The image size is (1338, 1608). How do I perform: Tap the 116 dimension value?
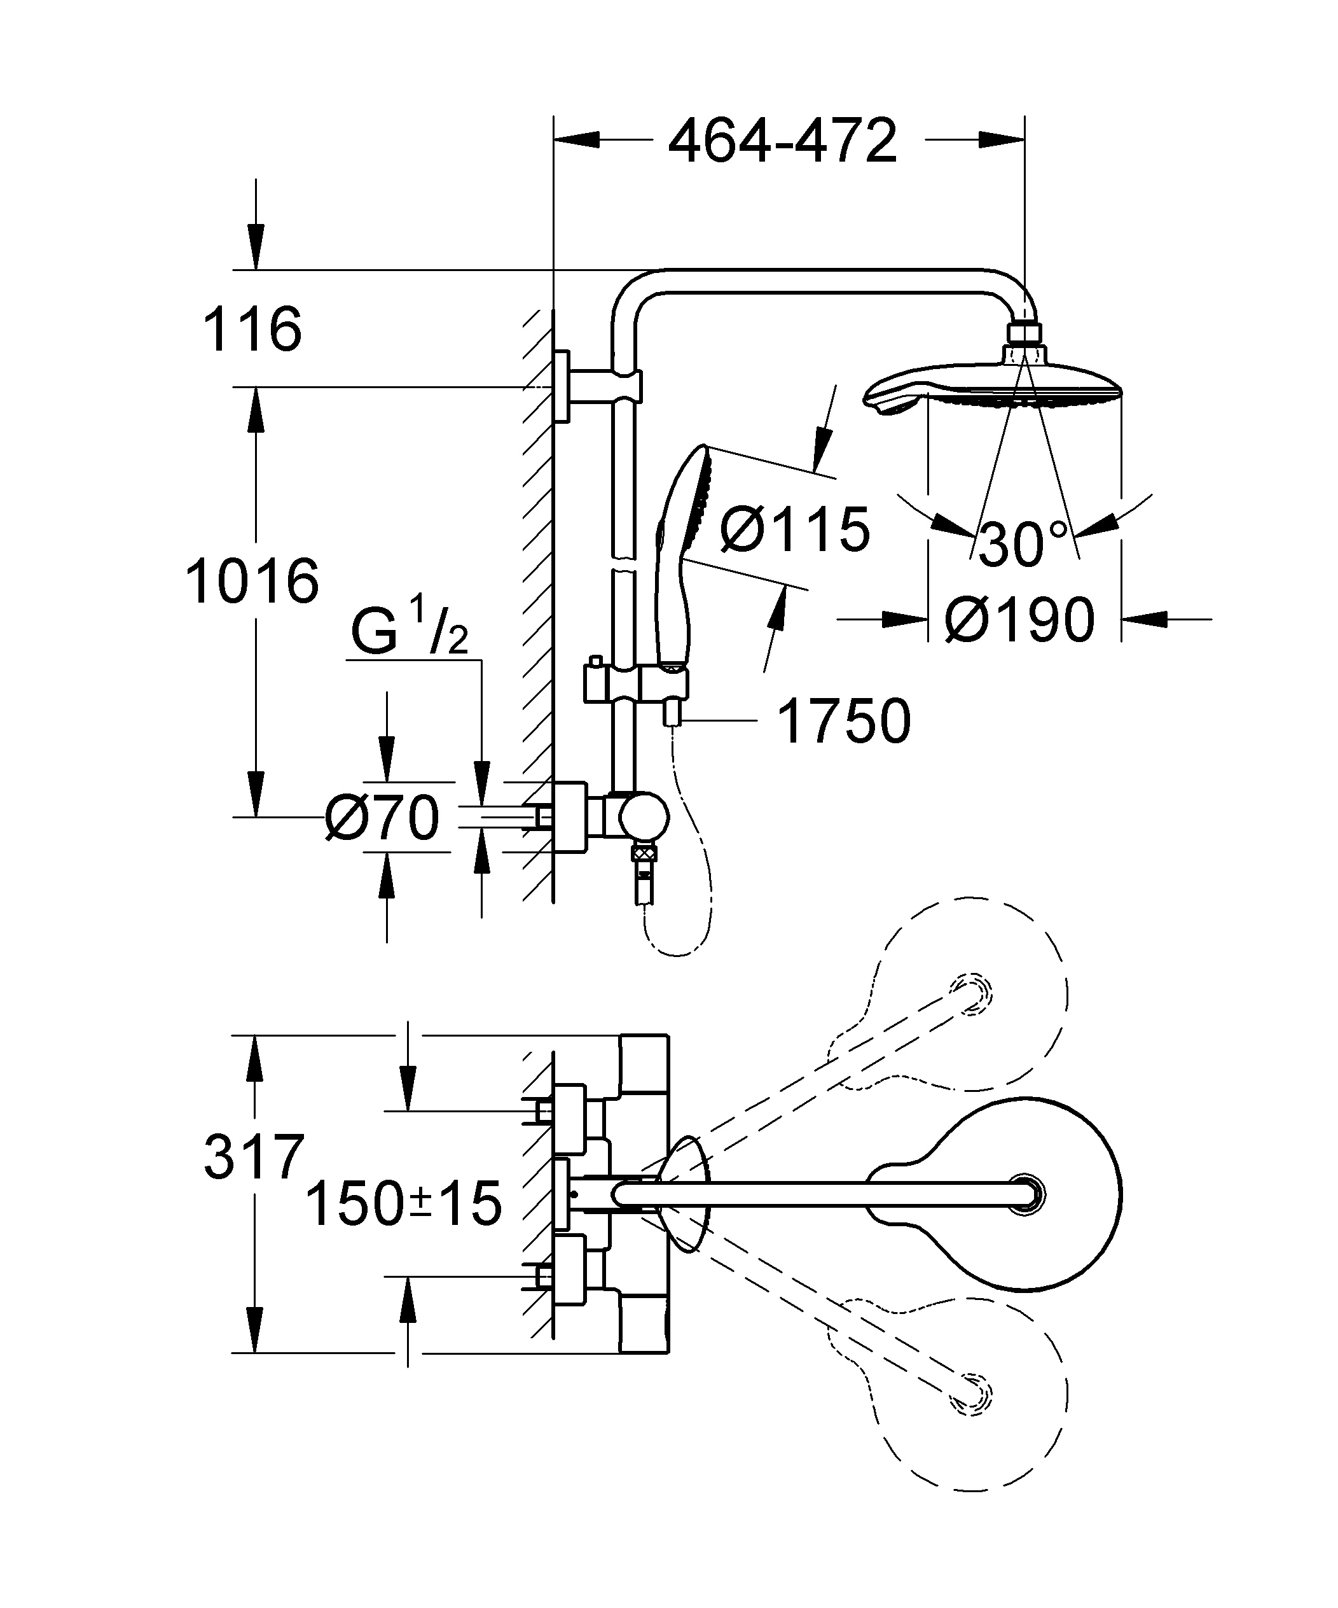[252, 329]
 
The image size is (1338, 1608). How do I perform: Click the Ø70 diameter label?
[382, 818]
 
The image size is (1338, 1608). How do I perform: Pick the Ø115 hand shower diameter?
[794, 529]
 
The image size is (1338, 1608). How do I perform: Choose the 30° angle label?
[1022, 543]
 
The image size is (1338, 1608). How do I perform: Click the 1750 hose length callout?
[843, 720]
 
